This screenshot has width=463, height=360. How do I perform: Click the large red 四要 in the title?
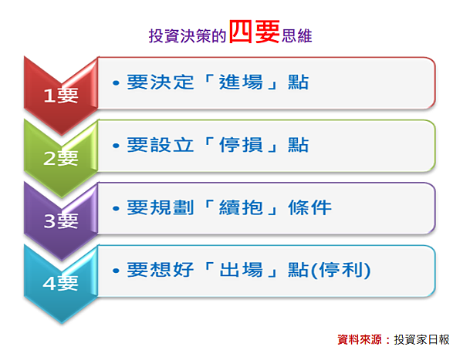click(255, 32)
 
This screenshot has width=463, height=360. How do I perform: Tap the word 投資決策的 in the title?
click(188, 36)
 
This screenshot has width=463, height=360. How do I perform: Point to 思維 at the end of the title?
click(297, 36)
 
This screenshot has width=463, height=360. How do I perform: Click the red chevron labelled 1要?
click(61, 96)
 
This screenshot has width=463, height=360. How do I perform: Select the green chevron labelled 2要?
click(61, 158)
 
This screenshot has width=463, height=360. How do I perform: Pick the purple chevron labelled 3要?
click(61, 220)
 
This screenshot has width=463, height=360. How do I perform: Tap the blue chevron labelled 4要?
click(61, 283)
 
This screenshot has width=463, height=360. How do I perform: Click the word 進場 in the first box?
click(241, 82)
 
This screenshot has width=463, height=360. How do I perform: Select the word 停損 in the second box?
click(241, 145)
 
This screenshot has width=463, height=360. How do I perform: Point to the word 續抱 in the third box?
click(241, 207)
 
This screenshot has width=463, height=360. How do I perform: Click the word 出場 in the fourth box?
click(241, 270)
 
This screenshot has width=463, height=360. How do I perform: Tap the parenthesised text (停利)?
click(341, 270)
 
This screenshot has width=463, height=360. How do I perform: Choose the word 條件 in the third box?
click(309, 207)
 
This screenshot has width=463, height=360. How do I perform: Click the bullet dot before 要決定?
click(116, 83)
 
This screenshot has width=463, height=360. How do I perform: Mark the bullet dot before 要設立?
click(116, 146)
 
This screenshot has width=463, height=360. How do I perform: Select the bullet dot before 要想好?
click(116, 271)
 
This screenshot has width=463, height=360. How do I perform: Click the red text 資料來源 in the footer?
click(360, 340)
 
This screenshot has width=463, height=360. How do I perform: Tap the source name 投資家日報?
click(421, 340)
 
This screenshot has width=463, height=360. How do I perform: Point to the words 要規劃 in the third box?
click(161, 207)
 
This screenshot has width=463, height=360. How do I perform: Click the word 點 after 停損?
click(299, 145)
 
